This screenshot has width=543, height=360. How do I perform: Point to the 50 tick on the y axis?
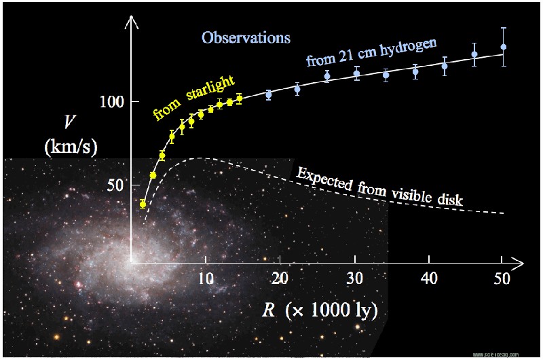(113, 185)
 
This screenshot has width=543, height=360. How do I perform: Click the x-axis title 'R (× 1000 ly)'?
(319, 310)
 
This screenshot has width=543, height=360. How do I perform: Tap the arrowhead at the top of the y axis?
(131, 22)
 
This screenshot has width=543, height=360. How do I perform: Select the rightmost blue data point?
(503, 48)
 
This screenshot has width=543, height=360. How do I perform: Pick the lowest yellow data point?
(143, 204)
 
